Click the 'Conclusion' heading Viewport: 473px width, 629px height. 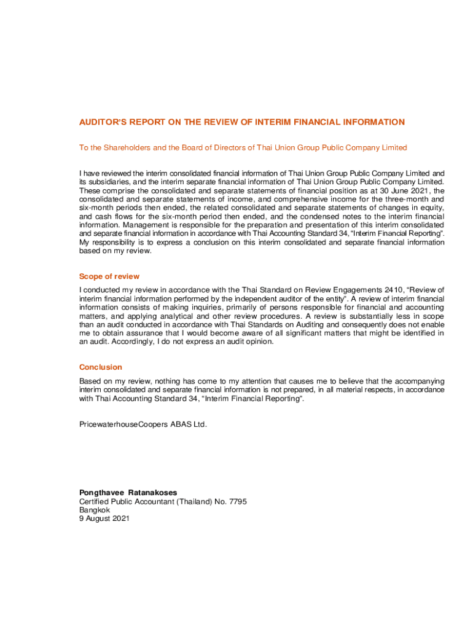(101, 367)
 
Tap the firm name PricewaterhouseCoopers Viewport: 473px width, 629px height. (123, 424)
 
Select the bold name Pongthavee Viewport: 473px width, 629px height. (101, 493)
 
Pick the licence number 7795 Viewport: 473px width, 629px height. (238, 502)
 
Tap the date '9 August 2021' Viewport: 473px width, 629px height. (104, 518)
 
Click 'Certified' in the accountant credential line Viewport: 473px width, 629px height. (95, 502)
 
